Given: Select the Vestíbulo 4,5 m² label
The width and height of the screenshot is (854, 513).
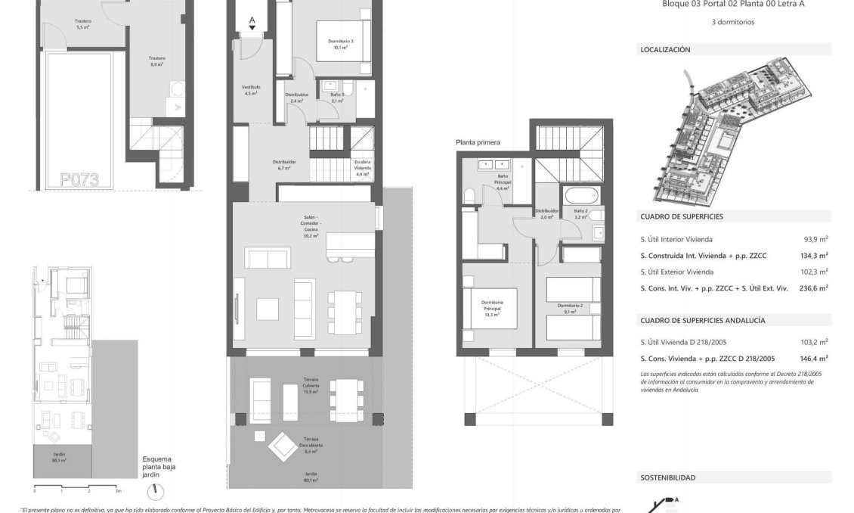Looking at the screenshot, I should pos(251,90).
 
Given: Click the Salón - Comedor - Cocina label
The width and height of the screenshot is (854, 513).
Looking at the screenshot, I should pos(306,225).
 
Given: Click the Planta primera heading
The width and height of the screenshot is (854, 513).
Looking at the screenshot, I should pos(478,141).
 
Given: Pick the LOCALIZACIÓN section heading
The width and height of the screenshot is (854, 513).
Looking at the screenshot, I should pos(665,50).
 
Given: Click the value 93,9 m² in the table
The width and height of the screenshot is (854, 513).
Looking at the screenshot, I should pos(815,239).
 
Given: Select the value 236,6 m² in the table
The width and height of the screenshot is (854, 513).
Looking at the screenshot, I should pos(813,288).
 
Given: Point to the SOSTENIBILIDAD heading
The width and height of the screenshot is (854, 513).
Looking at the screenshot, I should pos(667,478).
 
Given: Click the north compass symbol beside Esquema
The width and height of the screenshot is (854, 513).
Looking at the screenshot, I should pos(156,491).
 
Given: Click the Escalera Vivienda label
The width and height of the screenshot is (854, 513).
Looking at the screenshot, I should pos(363,168).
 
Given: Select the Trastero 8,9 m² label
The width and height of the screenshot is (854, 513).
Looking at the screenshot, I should pos(156,61).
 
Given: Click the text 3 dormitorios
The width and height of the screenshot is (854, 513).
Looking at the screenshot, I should pos(733,22).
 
